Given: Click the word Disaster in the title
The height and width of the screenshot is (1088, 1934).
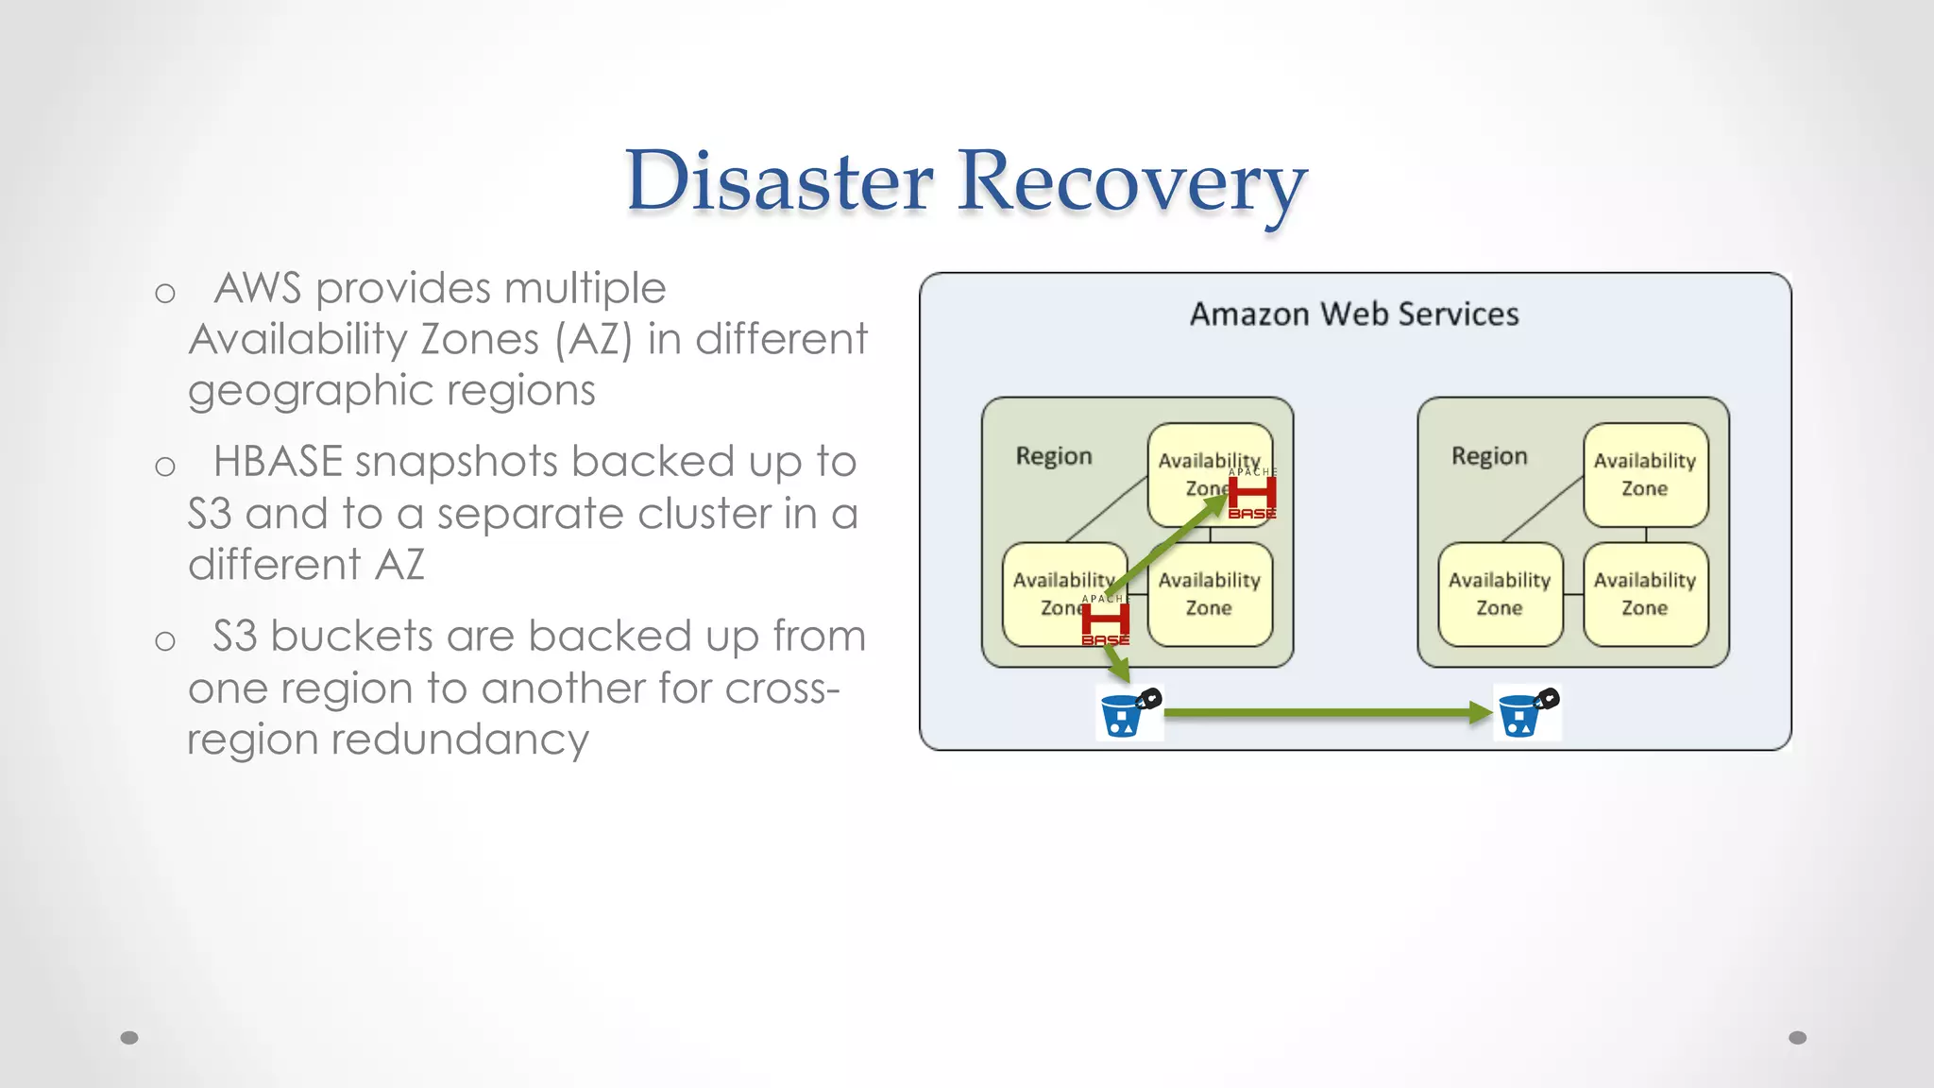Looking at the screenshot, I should (x=779, y=181).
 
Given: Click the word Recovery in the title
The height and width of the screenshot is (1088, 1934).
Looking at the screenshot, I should (x=1131, y=181).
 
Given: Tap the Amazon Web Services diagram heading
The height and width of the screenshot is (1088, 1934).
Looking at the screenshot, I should (x=1353, y=314).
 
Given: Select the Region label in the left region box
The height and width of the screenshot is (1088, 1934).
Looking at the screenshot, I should (x=1053, y=456).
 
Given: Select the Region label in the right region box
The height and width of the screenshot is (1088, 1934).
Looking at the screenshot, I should (x=1488, y=456).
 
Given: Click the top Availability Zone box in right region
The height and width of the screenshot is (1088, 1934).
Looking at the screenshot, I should (x=1644, y=474).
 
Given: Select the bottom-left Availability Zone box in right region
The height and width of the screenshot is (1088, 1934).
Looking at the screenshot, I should (x=1500, y=594).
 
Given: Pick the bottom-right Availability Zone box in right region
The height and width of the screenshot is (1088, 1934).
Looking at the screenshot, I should (x=1644, y=594).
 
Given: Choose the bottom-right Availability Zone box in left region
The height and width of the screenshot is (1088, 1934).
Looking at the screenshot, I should (x=1210, y=594).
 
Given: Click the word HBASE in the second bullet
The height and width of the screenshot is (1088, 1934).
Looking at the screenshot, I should (x=278, y=462).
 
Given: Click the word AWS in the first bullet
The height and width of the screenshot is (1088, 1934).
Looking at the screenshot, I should (x=257, y=288).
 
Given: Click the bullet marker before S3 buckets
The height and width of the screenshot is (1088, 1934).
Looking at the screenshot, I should (x=165, y=641).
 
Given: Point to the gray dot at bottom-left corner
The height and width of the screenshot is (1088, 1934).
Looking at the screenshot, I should (x=129, y=1038).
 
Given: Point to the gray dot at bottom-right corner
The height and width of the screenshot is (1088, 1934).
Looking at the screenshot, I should (x=1797, y=1038).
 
